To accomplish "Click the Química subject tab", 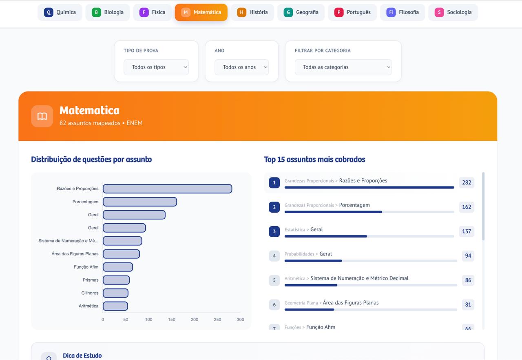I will pos(60,12).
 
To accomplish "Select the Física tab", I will pos(152,12).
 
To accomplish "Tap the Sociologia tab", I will pos(453,12).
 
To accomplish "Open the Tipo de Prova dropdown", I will pos(156,67).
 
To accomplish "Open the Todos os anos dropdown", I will pos(241,67).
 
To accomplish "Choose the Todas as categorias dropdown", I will pos(343,67).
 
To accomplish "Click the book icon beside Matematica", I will pos(42,116).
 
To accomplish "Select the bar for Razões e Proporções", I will pos(167,189).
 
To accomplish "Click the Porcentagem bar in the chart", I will pos(139,202).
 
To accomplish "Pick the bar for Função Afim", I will pos(117,267).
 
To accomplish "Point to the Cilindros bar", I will pos(115,293).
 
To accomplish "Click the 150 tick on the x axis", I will pos(172,320).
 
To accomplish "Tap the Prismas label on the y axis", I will pos(91,280).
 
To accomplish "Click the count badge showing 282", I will pos(467,182).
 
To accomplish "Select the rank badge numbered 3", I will pos(274,231).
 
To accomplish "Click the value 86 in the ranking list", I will pos(468,280).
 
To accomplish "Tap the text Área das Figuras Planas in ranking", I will pos(351,303).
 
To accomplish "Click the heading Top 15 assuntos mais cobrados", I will pos(314,160).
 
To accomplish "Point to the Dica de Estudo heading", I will pos(82,356).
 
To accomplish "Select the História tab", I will pos(252,12).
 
